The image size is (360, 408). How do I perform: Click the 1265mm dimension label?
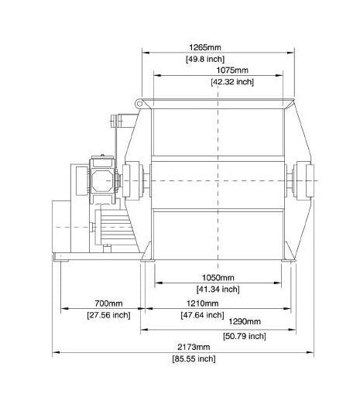[205, 48]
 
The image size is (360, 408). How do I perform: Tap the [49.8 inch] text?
[205, 59]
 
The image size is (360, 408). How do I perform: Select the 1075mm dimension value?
[232, 70]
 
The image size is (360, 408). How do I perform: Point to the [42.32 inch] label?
[232, 82]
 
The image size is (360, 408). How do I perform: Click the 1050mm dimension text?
[218, 278]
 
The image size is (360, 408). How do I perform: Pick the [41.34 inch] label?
[218, 289]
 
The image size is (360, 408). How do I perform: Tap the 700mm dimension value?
[108, 303]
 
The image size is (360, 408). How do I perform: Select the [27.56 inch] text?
[108, 315]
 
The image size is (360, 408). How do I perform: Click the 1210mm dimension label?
[202, 303]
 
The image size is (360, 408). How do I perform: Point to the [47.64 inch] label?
[202, 315]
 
